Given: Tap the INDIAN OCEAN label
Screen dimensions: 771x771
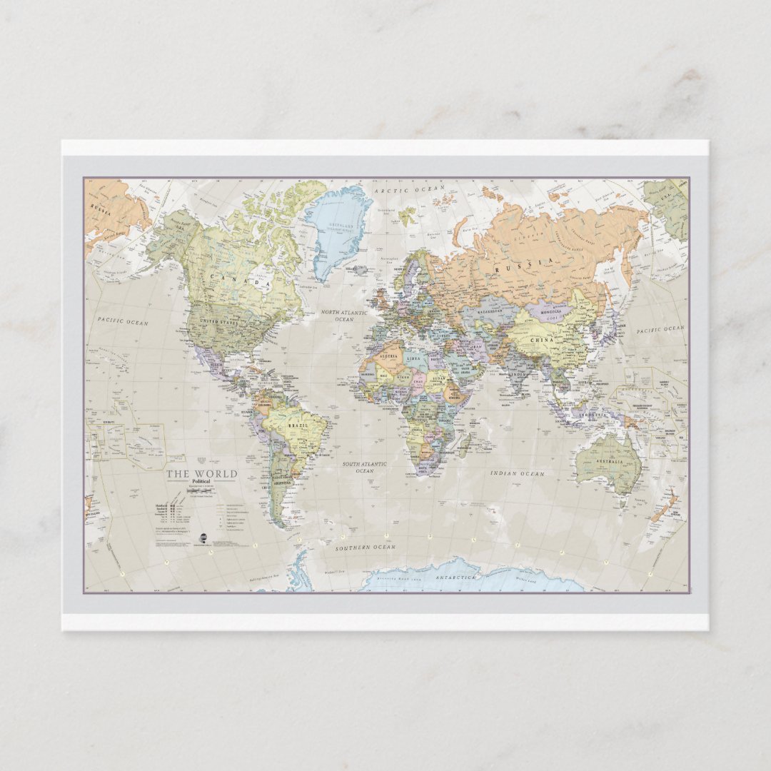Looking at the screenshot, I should click(x=518, y=473).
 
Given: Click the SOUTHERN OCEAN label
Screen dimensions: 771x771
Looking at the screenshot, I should click(x=366, y=548).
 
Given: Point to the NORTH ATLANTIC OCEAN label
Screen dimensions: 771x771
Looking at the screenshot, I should click(x=344, y=316).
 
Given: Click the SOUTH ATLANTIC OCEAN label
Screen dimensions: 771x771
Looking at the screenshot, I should click(x=364, y=468).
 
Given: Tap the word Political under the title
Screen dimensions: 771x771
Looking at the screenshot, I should click(x=201, y=483).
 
